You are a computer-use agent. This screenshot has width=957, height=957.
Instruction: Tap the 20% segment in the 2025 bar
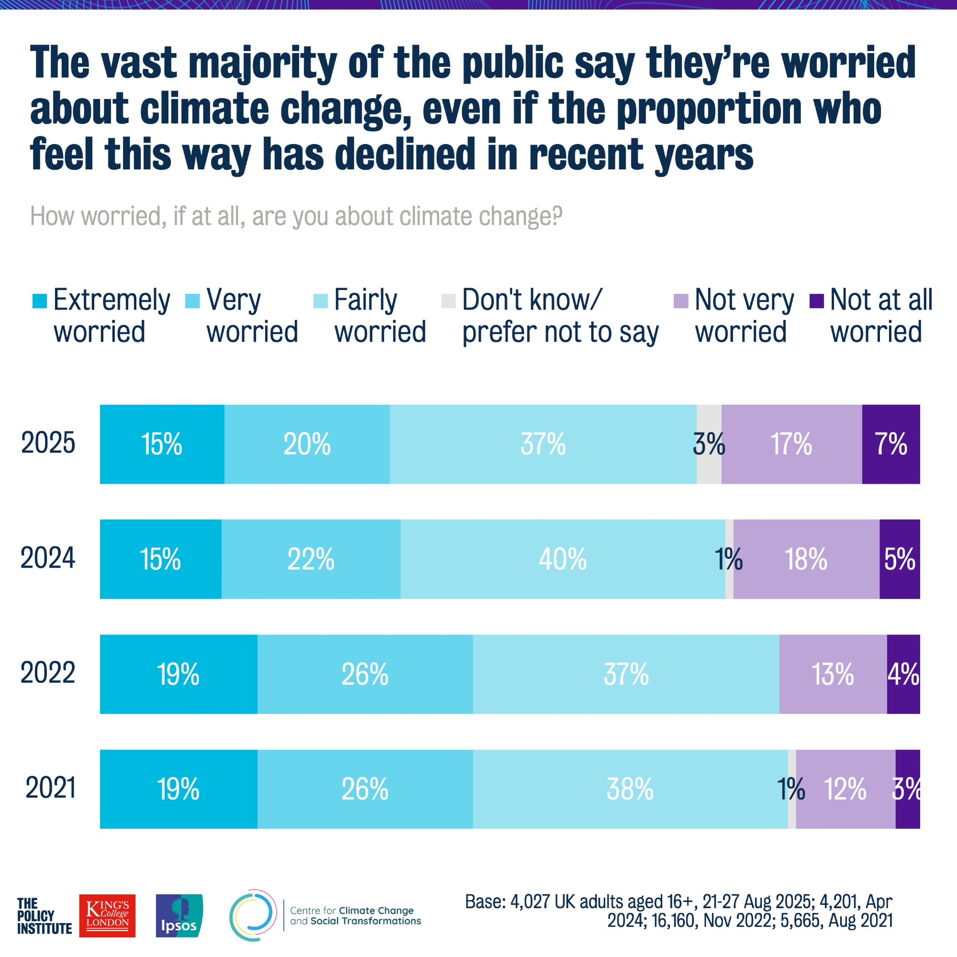[307, 444]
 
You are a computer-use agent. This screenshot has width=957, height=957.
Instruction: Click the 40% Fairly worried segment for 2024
[563, 559]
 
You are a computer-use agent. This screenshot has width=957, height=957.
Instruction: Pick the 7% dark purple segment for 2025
[890, 444]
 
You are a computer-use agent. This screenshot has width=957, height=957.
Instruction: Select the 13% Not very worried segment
[833, 674]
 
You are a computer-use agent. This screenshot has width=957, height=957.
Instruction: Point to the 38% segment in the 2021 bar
[630, 789]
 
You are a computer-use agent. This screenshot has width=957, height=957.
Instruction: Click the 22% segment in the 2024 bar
[311, 559]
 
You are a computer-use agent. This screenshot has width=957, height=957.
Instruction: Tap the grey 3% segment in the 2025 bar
[709, 444]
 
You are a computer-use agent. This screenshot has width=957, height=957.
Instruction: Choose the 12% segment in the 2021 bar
[846, 789]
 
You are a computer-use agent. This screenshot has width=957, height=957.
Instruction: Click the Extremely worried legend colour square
[40, 300]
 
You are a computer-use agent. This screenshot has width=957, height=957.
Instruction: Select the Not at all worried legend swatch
[816, 300]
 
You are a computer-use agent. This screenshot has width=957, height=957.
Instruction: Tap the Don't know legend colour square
[448, 300]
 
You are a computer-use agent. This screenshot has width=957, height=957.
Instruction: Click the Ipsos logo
[179, 915]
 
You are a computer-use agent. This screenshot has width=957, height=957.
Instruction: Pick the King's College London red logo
[107, 915]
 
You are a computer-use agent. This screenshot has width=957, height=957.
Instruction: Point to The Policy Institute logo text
[44, 916]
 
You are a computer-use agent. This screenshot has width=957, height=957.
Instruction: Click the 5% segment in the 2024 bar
[900, 559]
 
